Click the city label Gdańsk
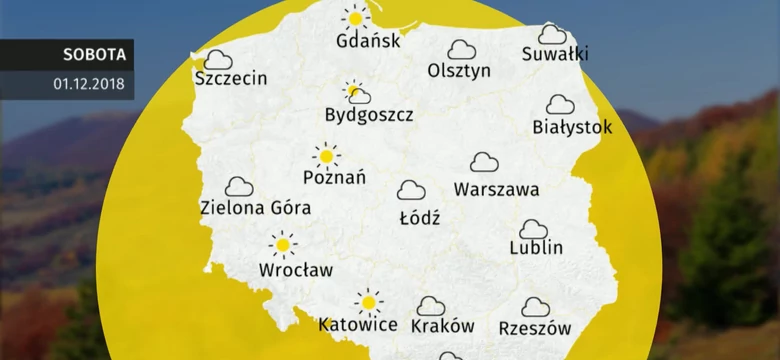pos(369,42)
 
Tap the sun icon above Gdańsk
pos(354,17)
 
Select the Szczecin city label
pos(231,78)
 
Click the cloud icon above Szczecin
pos(217,58)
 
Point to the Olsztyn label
pos(459,71)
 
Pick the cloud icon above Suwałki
pos(552,35)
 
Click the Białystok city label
pos(572,127)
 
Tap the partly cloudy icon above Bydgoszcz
pos(356,93)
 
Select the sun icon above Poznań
pos(326,156)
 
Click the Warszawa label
pos(496,188)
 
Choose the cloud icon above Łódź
pos(411,190)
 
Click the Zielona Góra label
pos(255,208)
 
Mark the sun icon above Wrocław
pos(284,244)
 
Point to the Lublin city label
pos(536,247)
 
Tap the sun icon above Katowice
pos(369,300)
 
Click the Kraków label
pos(441,326)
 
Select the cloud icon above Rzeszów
pos(536,306)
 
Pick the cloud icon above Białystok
pos(560,104)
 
